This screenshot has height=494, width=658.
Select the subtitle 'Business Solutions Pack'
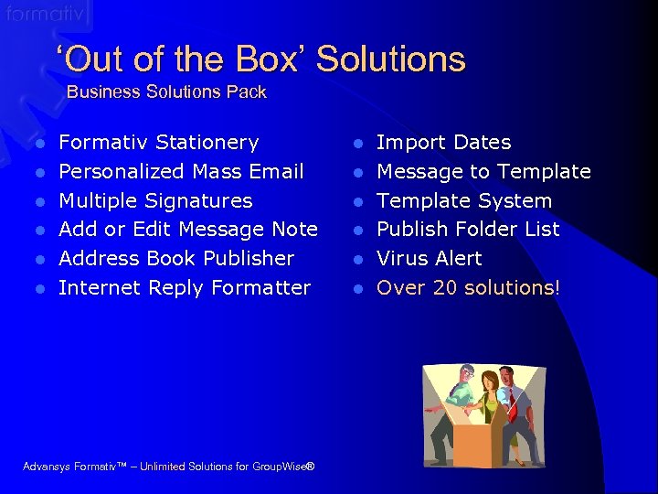click(x=166, y=91)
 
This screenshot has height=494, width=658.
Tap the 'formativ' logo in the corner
click(x=46, y=15)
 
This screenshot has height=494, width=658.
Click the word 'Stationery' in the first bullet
click(x=207, y=143)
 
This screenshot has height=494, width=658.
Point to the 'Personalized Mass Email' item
click(x=181, y=171)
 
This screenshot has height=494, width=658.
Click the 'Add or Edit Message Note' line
click(x=187, y=229)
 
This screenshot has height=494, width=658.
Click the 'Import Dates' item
click(x=443, y=143)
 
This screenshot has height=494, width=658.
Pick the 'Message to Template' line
click(x=483, y=171)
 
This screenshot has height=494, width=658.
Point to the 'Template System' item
click(x=464, y=200)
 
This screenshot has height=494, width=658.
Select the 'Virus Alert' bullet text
click(x=429, y=258)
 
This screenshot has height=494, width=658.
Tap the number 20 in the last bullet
click(x=445, y=287)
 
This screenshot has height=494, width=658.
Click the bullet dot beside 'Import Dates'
click(x=359, y=144)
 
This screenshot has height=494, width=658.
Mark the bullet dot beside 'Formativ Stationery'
click(x=39, y=144)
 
